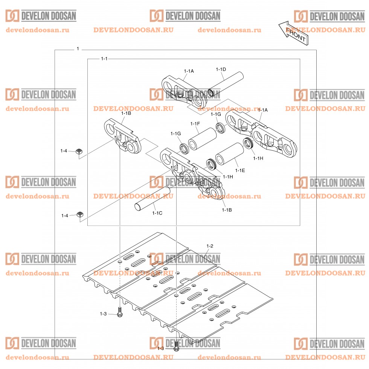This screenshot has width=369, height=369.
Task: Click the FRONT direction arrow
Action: (294, 33)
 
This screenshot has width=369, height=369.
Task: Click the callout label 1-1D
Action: (221, 69)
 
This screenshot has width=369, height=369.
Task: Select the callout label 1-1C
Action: (157, 213)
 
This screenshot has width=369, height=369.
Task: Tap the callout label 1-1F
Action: (195, 124)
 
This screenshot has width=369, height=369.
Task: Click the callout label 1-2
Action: (210, 246)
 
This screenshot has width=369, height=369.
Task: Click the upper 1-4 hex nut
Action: (79, 151)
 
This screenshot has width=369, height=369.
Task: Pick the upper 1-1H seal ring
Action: (248, 143)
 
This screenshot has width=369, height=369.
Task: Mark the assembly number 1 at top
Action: (78, 49)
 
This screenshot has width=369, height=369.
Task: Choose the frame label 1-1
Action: (104, 59)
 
